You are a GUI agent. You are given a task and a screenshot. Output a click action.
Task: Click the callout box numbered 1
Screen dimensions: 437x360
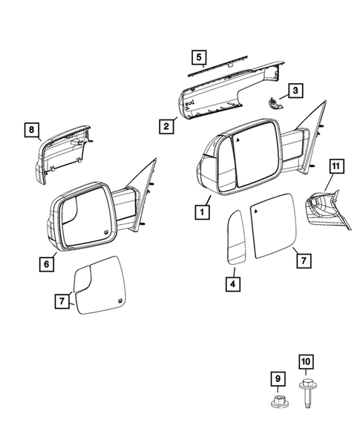(200, 211)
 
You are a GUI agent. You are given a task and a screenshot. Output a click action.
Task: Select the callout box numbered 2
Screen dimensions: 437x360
(167, 126)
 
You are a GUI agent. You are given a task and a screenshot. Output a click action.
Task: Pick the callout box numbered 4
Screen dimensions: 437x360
(233, 282)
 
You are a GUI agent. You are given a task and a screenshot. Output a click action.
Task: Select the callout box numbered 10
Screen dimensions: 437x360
(305, 362)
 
